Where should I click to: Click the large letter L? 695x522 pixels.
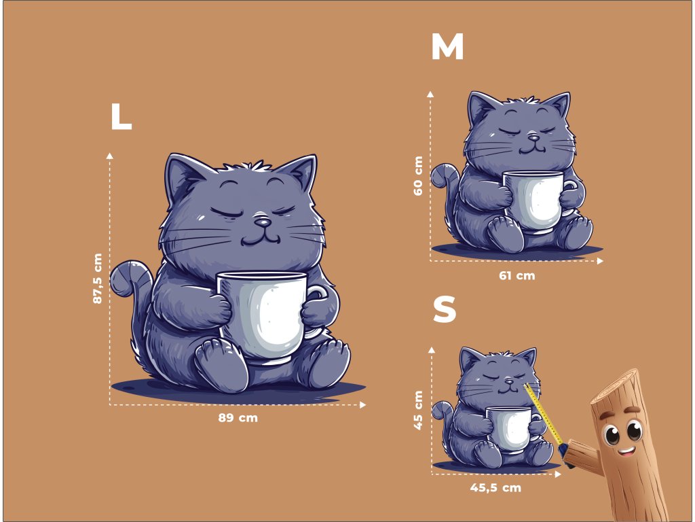(x=121, y=116)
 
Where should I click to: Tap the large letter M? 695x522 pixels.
(x=447, y=46)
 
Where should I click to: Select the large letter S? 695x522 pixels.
(x=445, y=309)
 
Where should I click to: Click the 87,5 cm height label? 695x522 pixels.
(x=98, y=278)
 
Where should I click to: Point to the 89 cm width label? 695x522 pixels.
(x=238, y=418)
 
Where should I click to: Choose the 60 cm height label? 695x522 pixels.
(x=418, y=175)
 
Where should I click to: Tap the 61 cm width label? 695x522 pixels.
(x=516, y=276)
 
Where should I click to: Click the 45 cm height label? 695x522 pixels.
(x=418, y=410)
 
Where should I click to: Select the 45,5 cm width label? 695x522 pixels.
(x=495, y=487)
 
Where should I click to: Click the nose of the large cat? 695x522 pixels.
(x=263, y=221)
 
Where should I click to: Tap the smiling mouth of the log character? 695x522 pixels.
(x=626, y=451)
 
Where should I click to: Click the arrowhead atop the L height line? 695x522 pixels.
(x=109, y=156)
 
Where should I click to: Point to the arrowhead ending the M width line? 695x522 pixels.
(x=600, y=261)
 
